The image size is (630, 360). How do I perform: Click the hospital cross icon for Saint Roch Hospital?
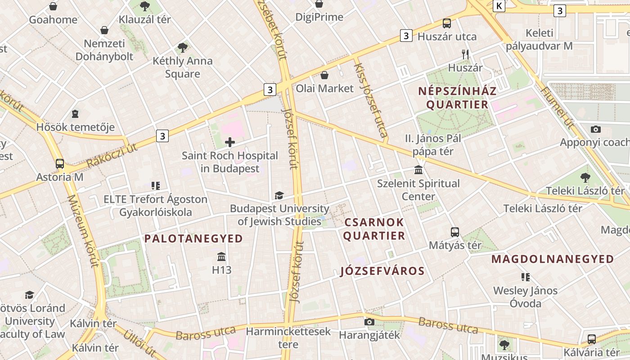pos(230,143)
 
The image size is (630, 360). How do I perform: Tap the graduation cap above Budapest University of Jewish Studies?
pos(279,195)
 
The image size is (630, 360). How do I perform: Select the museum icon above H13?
pos(221,257)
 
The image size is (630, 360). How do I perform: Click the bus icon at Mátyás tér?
pos(455,232)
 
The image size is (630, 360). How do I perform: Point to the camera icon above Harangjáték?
pos(369,322)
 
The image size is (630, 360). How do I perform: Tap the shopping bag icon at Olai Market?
pos(324,75)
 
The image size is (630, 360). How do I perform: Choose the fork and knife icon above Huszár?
pos(465,54)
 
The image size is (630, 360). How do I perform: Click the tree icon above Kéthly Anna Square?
pos(182,48)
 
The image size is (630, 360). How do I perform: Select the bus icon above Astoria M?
pos(60,164)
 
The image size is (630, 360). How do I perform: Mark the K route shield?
pos(499,6)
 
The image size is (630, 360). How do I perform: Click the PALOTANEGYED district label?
pos(193,238)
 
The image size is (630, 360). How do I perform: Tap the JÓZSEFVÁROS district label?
pos(382,271)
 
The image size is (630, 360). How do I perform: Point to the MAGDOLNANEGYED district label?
pos(553,259)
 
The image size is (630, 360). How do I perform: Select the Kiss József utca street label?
pos(370,100)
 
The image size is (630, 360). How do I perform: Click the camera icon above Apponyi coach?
pos(596,130)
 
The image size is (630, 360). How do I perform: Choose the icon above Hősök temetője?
pos(75,114)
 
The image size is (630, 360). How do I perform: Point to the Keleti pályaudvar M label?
pos(539,39)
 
